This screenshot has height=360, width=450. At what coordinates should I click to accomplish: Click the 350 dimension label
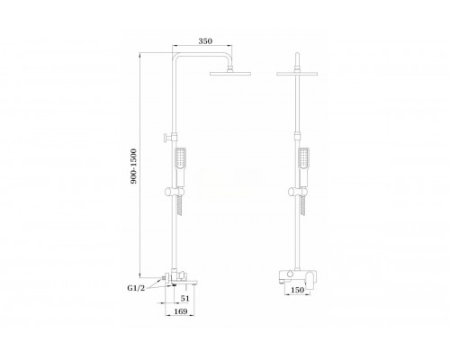tap(205, 41)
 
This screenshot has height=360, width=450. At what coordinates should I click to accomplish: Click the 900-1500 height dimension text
tap(133, 166)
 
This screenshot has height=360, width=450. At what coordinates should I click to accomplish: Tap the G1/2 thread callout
tap(136, 288)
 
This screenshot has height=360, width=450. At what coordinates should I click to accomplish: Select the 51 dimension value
tap(185, 299)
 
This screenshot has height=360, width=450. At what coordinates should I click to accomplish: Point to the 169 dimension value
tap(181, 311)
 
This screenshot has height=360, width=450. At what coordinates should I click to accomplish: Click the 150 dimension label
tap(297, 290)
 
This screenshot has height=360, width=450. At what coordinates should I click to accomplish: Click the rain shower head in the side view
tap(230, 73)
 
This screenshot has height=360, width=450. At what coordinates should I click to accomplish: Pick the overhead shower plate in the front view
tap(297, 73)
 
